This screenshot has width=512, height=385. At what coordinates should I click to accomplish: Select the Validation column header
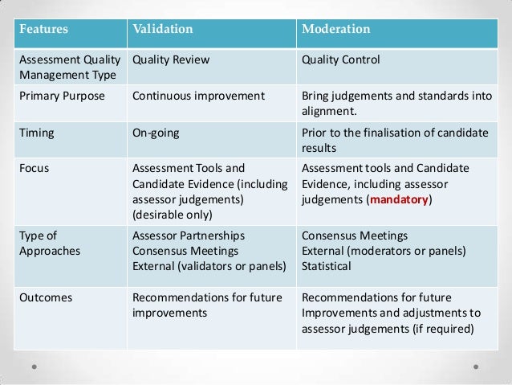[x=163, y=29]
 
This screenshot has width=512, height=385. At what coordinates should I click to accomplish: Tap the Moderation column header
[x=335, y=29]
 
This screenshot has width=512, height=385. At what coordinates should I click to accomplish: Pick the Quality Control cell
[x=340, y=59]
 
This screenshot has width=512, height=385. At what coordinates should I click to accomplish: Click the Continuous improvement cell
[x=197, y=96]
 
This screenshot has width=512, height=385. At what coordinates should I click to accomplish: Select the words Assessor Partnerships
[x=189, y=236]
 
